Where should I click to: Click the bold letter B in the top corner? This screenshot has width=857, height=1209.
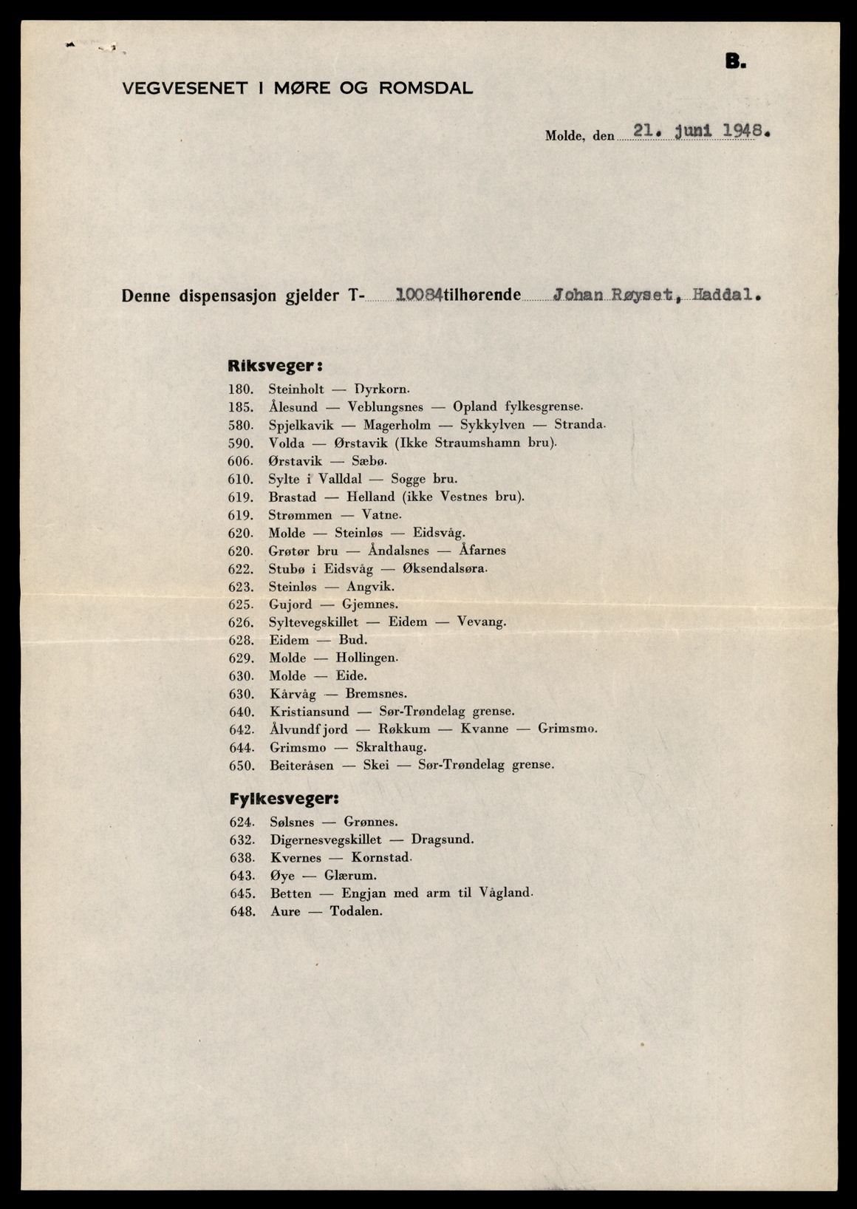735,63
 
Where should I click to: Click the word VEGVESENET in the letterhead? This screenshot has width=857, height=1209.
174,89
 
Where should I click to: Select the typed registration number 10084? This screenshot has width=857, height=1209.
419,296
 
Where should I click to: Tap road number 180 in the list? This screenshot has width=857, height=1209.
242,389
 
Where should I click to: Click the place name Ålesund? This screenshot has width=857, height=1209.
293,407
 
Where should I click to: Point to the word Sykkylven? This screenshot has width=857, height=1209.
492,425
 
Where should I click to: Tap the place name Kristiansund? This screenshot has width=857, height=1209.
310,712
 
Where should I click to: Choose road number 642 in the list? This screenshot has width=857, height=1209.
242,729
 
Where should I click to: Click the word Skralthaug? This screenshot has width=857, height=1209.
391,747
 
